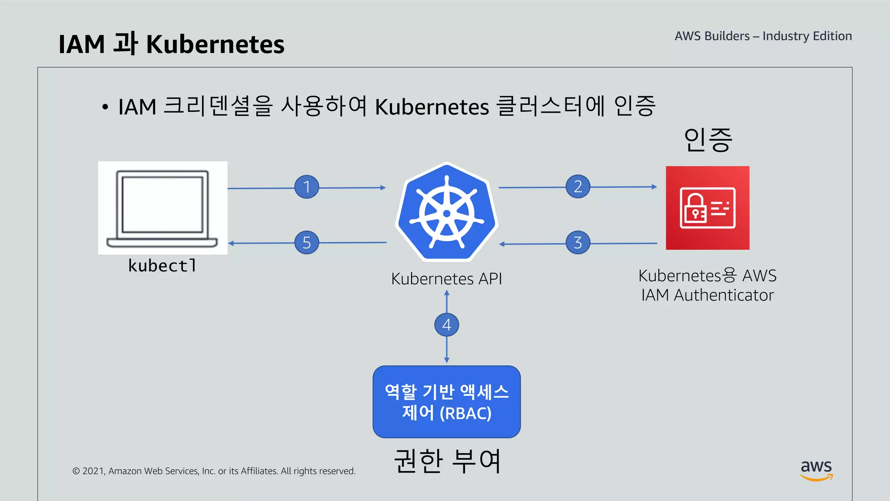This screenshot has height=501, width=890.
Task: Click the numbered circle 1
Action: [306, 187]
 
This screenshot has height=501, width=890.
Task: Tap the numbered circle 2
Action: [578, 187]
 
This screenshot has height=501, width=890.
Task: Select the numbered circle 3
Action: [578, 243]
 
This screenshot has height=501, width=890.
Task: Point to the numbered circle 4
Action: [446, 325]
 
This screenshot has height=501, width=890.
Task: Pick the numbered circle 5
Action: [306, 243]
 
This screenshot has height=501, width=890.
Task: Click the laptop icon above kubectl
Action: [162, 208]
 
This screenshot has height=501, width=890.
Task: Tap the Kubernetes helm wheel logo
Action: [446, 213]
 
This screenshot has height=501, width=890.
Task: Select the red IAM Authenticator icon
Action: [707, 208]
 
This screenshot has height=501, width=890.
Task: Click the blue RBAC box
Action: [446, 402]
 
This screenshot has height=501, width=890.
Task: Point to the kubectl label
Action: [162, 266]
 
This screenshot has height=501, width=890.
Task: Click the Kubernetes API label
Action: [446, 279]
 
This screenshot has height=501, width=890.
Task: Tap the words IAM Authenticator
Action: [707, 295]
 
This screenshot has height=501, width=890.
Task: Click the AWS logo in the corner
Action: [816, 470]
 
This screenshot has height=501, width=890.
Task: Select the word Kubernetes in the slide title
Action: [215, 44]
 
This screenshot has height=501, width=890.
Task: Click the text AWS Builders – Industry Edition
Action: [763, 36]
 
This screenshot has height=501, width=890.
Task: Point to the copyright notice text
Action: [214, 471]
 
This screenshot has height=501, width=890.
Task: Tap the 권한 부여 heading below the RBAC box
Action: [447, 461]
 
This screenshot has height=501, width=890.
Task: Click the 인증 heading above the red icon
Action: [708, 140]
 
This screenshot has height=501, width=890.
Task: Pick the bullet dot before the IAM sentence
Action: [105, 107]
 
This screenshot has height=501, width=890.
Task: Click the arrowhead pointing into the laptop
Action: [231, 243]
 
